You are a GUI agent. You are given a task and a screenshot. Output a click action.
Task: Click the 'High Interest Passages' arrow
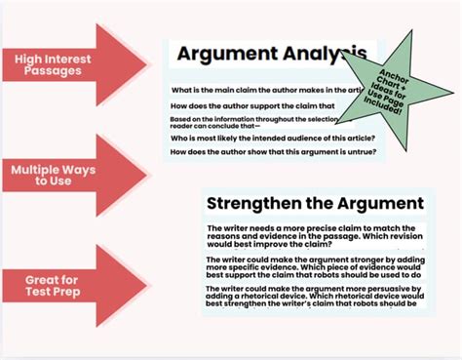click(73, 66)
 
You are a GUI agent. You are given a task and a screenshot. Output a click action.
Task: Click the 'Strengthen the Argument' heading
click(315, 203)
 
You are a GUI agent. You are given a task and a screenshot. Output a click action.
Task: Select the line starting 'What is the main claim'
click(258, 90)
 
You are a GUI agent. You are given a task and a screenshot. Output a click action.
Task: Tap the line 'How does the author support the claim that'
click(252, 104)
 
